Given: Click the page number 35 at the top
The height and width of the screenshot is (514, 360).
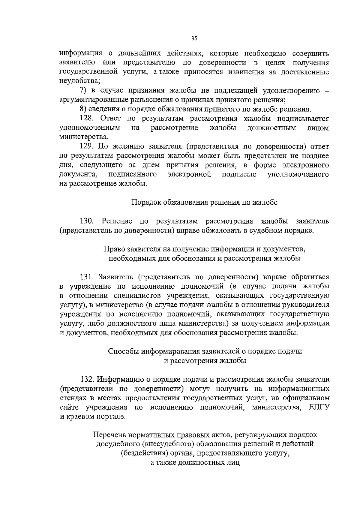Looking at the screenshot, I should point(193,38).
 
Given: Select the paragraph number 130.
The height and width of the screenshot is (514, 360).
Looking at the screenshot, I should point(87,221).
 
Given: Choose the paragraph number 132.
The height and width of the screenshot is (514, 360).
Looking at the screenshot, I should point(87,379).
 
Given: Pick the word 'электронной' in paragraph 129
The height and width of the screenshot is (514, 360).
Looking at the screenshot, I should point(189,175).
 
